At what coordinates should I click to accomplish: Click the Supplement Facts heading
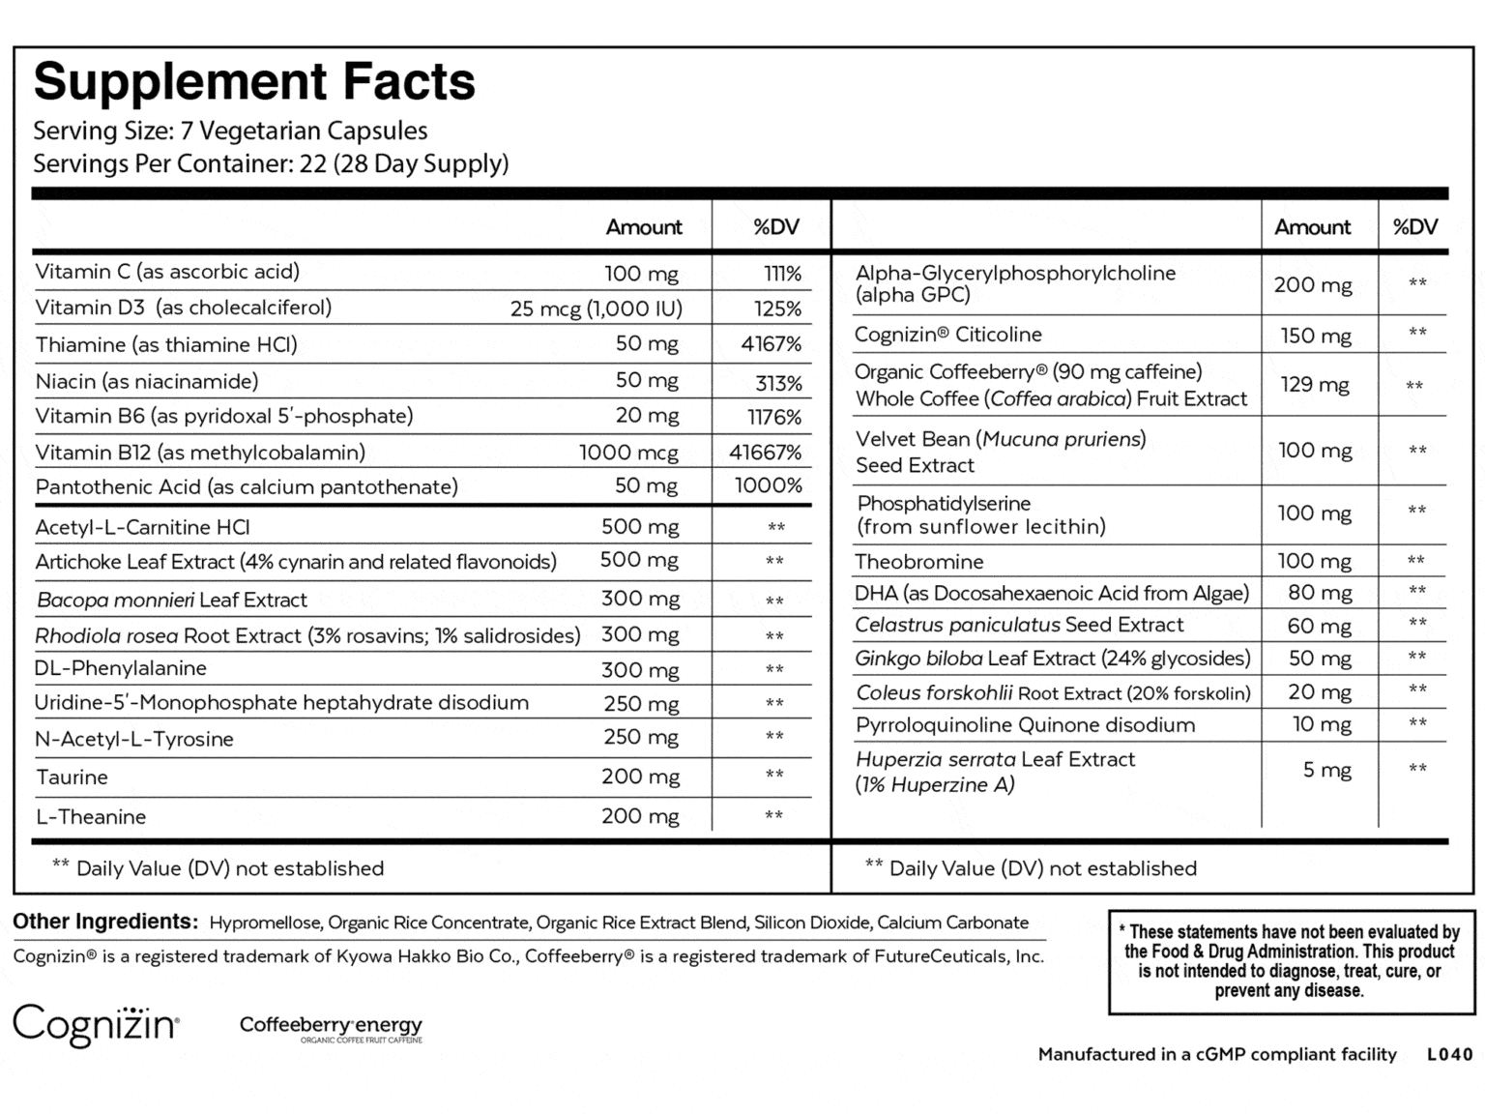pyautogui.click(x=254, y=81)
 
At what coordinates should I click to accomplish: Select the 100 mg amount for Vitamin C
pyautogui.click(x=641, y=274)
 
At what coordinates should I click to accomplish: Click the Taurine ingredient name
pyautogui.click(x=72, y=777)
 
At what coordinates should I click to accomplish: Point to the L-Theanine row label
pyautogui.click(x=91, y=817)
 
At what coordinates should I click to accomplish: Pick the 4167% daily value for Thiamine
pyautogui.click(x=772, y=344)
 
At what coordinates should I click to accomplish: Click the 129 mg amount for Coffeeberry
pyautogui.click(x=1314, y=385)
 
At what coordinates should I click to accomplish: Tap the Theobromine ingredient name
pyautogui.click(x=918, y=562)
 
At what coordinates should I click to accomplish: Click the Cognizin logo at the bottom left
pyautogui.click(x=96, y=1024)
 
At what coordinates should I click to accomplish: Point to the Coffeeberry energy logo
pyautogui.click(x=331, y=1028)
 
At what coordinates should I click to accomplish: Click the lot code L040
pyautogui.click(x=1449, y=1055)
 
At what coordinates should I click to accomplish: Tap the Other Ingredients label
pyautogui.click(x=104, y=922)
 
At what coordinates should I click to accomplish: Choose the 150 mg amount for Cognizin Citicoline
pyautogui.click(x=1313, y=336)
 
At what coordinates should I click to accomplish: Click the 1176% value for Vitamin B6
pyautogui.click(x=774, y=418)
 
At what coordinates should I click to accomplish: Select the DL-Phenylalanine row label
pyautogui.click(x=120, y=668)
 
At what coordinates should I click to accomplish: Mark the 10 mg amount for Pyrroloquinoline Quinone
pyautogui.click(x=1322, y=724)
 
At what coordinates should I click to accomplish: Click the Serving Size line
pyautogui.click(x=230, y=132)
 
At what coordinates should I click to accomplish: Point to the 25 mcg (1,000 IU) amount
pyautogui.click(x=596, y=309)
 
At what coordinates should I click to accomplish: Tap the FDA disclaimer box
pyautogui.click(x=1291, y=961)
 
